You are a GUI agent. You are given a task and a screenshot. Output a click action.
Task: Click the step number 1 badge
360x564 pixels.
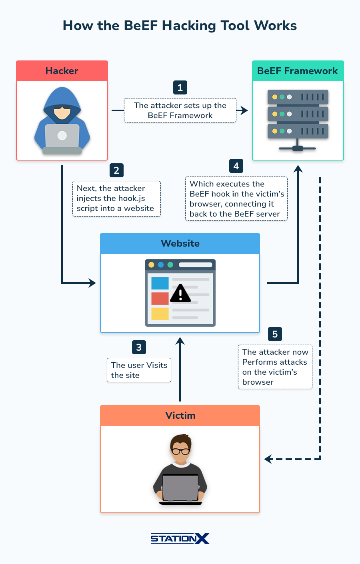point(180,88)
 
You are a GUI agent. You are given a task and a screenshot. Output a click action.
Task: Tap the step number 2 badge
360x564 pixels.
point(116,170)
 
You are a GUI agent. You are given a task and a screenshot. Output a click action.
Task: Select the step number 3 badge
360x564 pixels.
point(139,347)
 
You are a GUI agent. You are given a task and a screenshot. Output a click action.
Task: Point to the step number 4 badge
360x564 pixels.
point(236,166)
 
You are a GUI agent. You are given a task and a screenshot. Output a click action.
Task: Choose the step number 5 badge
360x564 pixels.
point(275,334)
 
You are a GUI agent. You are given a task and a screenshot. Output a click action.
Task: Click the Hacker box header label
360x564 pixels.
point(62,71)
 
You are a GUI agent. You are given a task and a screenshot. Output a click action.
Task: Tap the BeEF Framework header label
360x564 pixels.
point(298,71)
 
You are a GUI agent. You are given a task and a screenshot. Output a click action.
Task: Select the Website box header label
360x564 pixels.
point(180,243)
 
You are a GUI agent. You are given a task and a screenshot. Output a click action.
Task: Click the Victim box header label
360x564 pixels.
point(180,415)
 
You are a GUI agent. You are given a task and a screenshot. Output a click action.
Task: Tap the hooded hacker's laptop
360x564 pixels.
point(62,136)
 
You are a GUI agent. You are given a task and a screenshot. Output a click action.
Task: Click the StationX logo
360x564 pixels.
point(180,538)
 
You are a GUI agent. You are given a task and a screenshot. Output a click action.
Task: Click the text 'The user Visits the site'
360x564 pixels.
point(139,370)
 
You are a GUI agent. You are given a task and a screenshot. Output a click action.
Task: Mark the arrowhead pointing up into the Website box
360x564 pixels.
point(180,341)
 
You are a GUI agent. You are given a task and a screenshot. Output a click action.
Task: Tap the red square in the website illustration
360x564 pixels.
point(160,299)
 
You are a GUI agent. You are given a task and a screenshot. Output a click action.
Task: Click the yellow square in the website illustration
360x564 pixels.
point(160,313)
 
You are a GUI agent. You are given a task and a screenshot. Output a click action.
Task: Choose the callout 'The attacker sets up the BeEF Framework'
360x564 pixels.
point(180,110)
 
